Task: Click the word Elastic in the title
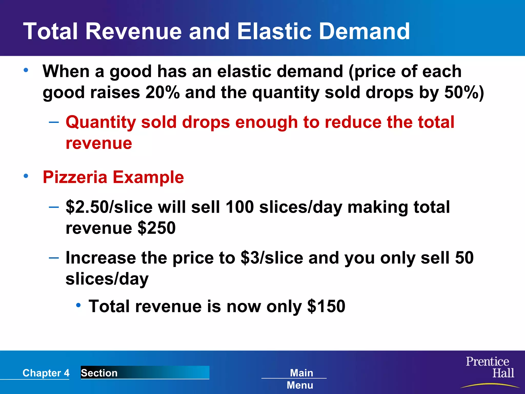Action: point(274,31)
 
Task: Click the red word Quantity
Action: point(100,122)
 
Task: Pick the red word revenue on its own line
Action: point(99,143)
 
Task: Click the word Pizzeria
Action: point(75,177)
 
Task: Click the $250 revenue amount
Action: point(157,228)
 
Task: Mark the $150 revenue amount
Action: point(326,306)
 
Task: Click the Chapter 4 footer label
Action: point(46,373)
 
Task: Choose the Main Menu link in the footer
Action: point(301,379)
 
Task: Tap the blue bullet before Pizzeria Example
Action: point(26,176)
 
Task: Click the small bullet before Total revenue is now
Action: point(78,305)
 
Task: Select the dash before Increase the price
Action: point(54,257)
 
